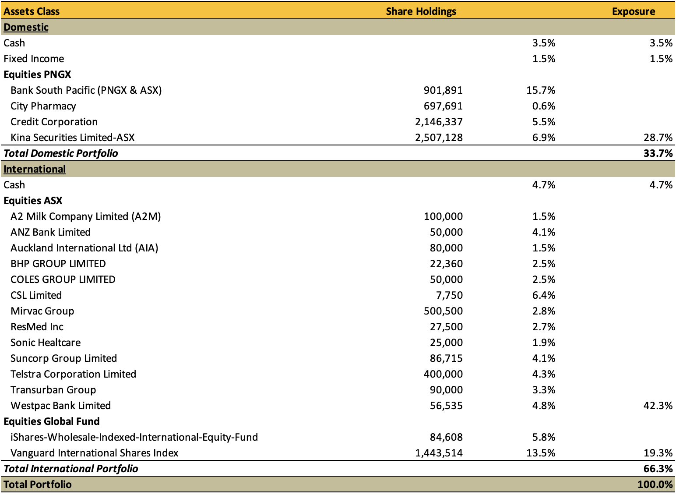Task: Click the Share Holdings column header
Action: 421,11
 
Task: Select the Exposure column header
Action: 634,11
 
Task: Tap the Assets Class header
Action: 32,11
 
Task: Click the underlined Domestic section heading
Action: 26,27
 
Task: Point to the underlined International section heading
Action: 35,169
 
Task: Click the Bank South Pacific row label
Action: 86,90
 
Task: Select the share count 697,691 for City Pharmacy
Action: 443,106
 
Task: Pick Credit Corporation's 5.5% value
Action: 543,122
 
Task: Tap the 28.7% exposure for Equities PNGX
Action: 658,138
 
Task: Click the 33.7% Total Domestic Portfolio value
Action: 658,153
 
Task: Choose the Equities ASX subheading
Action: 33,201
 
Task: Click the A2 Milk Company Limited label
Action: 86,216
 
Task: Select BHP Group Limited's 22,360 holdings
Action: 446,264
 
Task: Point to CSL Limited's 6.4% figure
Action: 543,295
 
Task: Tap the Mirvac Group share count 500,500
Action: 443,311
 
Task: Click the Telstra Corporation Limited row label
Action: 73,374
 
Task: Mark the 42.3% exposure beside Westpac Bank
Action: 658,406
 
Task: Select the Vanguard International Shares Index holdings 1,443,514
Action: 439,453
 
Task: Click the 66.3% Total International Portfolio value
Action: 658,469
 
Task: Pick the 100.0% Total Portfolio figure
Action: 655,484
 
